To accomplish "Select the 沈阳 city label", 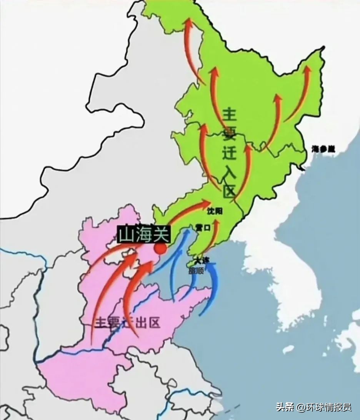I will coord(215,211).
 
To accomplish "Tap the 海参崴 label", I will coord(323,149).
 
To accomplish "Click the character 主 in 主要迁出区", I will coord(101,323).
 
